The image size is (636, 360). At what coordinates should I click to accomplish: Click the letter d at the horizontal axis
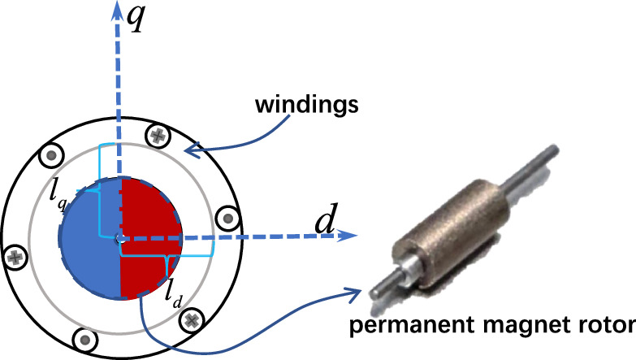(x=326, y=219)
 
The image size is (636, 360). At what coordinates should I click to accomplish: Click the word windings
(x=307, y=104)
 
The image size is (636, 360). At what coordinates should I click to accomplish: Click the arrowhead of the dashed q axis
(x=118, y=11)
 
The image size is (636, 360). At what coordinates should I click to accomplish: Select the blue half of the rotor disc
(x=90, y=238)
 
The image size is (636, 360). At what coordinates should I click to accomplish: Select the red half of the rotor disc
(x=152, y=238)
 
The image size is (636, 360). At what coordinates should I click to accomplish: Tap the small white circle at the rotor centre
(x=120, y=239)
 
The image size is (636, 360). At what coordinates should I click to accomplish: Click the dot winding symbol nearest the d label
(x=228, y=219)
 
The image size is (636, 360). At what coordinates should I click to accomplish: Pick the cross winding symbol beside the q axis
(x=158, y=136)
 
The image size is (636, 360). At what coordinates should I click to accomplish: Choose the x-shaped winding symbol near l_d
(x=191, y=321)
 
